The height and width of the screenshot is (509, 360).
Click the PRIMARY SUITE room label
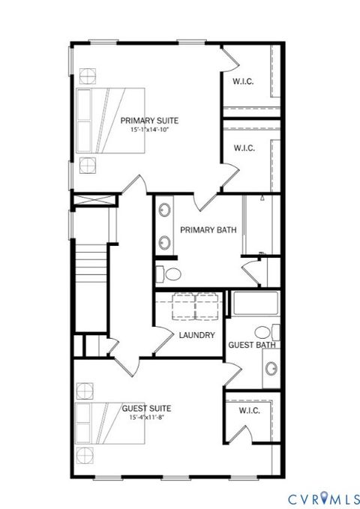pyautogui.click(x=151, y=119)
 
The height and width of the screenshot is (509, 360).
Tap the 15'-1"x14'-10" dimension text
pyautogui.click(x=151, y=129)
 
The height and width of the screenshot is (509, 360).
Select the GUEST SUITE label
pyautogui.click(x=146, y=408)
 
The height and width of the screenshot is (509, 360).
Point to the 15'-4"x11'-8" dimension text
pyautogui.click(x=146, y=417)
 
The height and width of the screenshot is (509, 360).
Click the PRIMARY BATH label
pyautogui.click(x=208, y=230)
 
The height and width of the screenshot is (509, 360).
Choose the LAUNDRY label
pyautogui.click(x=197, y=335)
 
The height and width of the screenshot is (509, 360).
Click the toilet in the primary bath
pyautogui.click(x=169, y=272)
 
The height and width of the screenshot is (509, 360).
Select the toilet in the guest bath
pyautogui.click(x=262, y=331)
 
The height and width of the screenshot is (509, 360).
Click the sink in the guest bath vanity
pyautogui.click(x=271, y=368)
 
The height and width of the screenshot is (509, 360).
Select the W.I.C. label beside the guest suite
pyautogui.click(x=249, y=411)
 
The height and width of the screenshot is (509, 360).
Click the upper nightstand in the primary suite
pyautogui.click(x=88, y=76)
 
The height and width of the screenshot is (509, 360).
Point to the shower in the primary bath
pyautogui.click(x=260, y=225)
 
